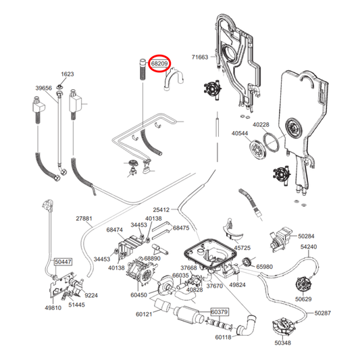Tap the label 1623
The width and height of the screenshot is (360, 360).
pos(67,74)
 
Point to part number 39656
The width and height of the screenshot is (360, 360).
pos(44,88)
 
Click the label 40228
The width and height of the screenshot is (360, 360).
pos(260,124)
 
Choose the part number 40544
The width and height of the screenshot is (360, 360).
pos(240,134)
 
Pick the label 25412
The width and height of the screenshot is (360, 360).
pos(161,209)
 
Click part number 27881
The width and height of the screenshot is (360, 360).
pos(84,219)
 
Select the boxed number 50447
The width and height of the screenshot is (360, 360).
pos(62,261)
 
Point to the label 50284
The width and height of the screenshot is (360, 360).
pos(305,236)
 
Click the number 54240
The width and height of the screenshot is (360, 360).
pos(309,247)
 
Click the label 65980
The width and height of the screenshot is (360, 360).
pos(264,267)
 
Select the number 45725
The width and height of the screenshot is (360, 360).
pos(242,247)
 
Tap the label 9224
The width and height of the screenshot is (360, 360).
pos(91,295)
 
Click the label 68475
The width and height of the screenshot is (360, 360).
pos(181,228)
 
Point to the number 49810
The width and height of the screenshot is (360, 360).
pos(53,308)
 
